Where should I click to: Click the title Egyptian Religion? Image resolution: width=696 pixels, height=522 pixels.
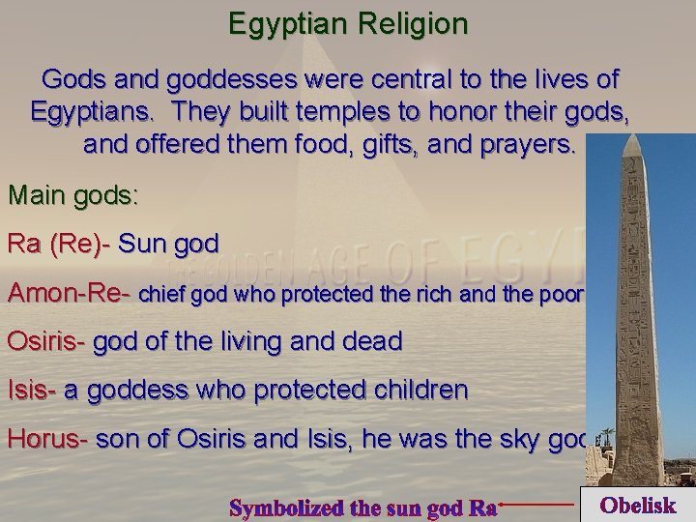(347, 23)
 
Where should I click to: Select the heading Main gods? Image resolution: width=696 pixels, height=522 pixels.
(73, 195)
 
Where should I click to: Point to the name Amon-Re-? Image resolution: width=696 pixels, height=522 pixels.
(70, 292)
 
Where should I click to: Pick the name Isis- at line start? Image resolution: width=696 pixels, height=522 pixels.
(32, 390)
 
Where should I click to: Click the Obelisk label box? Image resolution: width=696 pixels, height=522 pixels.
(636, 505)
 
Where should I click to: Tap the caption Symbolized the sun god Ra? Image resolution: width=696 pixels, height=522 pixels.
(363, 506)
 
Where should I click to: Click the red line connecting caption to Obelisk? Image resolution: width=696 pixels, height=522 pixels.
(537, 504)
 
